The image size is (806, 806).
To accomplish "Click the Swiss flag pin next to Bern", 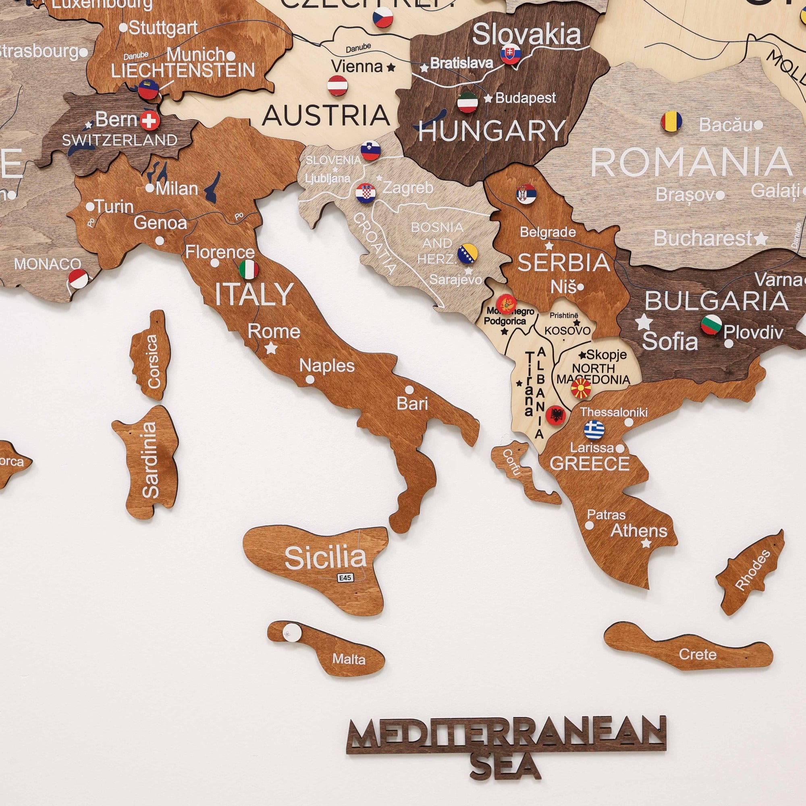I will pyautogui.click(x=150, y=121).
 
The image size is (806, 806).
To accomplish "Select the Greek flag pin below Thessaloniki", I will pyautogui.click(x=594, y=429).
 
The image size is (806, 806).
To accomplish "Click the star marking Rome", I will pyautogui.click(x=272, y=347).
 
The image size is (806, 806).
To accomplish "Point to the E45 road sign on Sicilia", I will pyautogui.click(x=345, y=577).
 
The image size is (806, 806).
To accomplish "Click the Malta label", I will pyautogui.click(x=349, y=659).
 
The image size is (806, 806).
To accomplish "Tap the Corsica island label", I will pyautogui.click(x=153, y=361).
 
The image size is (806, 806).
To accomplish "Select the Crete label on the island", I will pyautogui.click(x=697, y=654).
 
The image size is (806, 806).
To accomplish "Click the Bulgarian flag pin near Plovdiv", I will pyautogui.click(x=711, y=325).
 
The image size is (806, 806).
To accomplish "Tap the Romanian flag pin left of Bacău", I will pyautogui.click(x=671, y=121).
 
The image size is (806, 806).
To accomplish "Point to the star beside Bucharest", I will pyautogui.click(x=761, y=238).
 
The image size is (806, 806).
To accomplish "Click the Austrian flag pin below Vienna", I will pyautogui.click(x=337, y=85).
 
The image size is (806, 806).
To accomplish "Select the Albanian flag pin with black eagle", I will pyautogui.click(x=556, y=415).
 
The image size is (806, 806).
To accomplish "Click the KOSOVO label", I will pyautogui.click(x=567, y=331).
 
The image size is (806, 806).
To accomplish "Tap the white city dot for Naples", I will pyautogui.click(x=310, y=380).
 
